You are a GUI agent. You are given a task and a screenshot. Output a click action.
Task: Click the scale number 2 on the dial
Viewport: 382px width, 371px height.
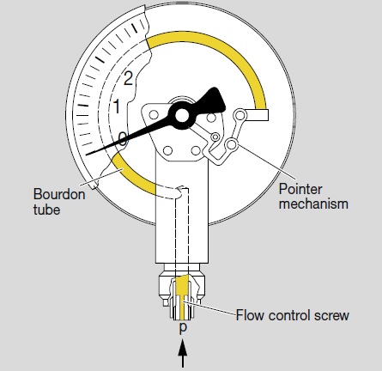pyautogui.click(x=128, y=78)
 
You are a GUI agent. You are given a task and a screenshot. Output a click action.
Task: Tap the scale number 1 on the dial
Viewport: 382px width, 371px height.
pyautogui.click(x=117, y=106)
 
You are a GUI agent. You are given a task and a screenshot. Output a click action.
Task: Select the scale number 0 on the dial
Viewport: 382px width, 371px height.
pyautogui.click(x=123, y=139)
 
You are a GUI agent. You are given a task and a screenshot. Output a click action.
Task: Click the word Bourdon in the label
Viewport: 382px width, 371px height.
pyautogui.click(x=59, y=194)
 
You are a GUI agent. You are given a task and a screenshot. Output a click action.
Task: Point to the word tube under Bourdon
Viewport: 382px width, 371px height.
pyautogui.click(x=46, y=210)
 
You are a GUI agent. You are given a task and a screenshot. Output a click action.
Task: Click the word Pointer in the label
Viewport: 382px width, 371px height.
pyautogui.click(x=300, y=189)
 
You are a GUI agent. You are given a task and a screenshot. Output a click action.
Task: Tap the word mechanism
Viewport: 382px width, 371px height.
pyautogui.click(x=313, y=204)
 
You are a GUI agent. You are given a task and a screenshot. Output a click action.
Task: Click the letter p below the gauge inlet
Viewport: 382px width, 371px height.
pyautogui.click(x=183, y=327)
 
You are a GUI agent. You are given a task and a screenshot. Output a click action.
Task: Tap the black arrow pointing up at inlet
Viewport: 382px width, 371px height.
pyautogui.click(x=183, y=353)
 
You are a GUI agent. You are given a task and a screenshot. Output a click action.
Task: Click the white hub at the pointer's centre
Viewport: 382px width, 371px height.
pyautogui.click(x=182, y=115)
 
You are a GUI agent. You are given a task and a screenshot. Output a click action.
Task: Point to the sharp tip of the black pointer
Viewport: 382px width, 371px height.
pyautogui.click(x=87, y=155)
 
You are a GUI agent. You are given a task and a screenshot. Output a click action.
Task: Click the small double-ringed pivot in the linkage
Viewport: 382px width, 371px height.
pyautogui.click(x=215, y=137)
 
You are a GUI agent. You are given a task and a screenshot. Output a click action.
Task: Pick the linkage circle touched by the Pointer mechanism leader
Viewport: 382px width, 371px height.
pyautogui.click(x=232, y=144)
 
